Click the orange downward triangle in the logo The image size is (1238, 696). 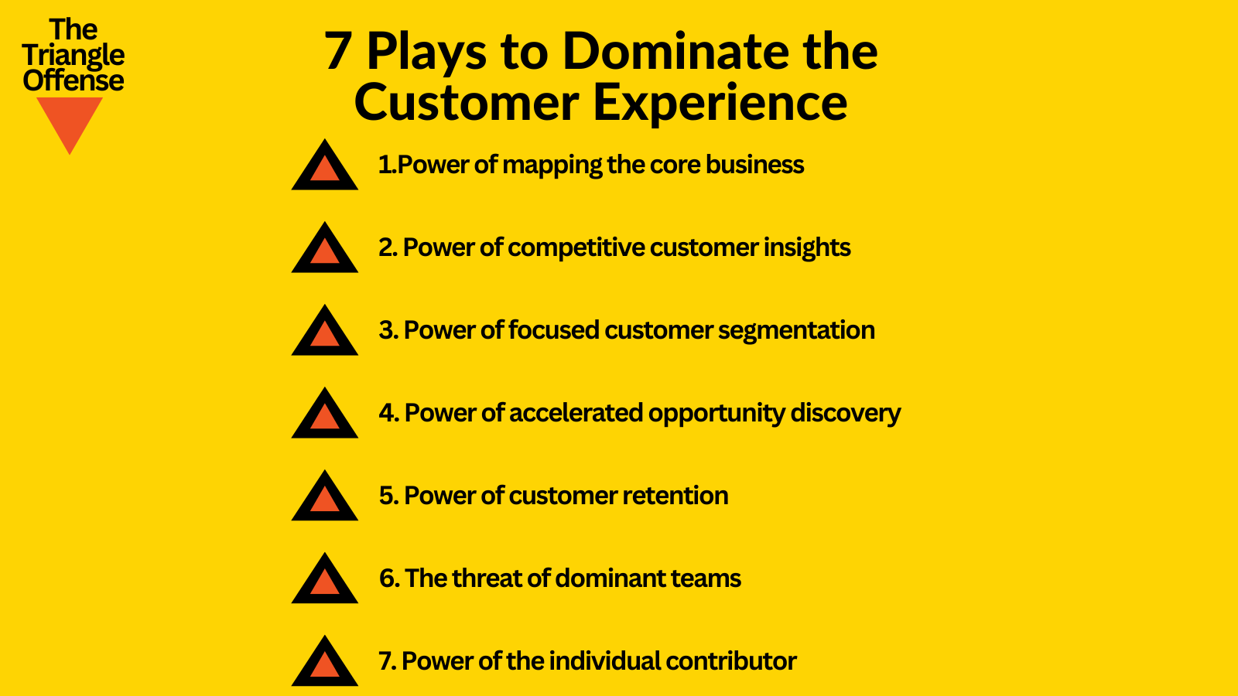click(70, 120)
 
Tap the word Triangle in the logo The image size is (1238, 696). click(74, 56)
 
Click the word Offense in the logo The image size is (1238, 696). click(74, 80)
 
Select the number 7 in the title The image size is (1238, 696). click(338, 53)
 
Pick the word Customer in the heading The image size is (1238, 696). click(467, 103)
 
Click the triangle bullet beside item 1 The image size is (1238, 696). click(325, 167)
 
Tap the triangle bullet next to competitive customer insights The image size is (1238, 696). click(325, 250)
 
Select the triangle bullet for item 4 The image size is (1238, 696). click(325, 415)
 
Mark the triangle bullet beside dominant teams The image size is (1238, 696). click(325, 581)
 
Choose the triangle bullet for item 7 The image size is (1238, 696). click(325, 664)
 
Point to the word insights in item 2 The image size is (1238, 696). click(807, 248)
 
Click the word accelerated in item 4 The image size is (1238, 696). click(576, 414)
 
